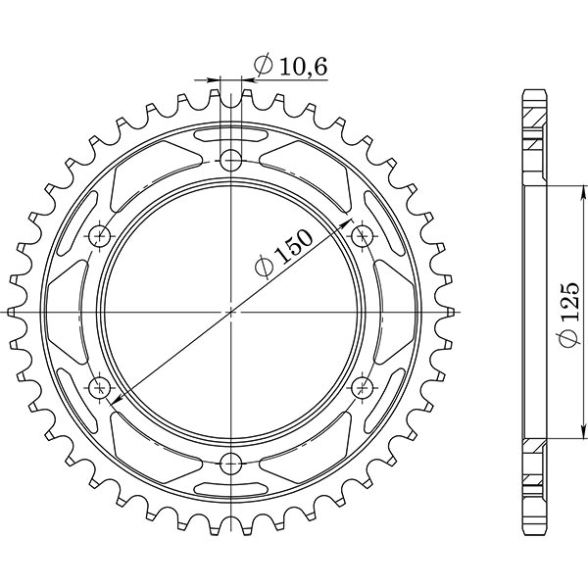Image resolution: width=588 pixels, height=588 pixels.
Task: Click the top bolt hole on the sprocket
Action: click(230, 160)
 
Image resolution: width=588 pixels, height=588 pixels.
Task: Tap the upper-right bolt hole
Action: click(362, 235)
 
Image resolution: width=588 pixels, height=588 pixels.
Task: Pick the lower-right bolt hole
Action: click(362, 386)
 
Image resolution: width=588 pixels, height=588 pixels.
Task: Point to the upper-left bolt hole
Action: click(99, 235)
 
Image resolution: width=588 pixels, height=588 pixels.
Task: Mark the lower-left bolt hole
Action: click(99, 386)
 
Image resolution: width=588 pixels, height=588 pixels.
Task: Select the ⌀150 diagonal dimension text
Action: click(284, 255)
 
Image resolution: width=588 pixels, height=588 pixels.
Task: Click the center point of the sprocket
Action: click(230, 311)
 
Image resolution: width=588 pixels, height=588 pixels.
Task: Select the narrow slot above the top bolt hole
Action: click(230, 133)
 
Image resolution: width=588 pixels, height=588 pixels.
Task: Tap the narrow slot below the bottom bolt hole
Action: click(230, 488)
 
